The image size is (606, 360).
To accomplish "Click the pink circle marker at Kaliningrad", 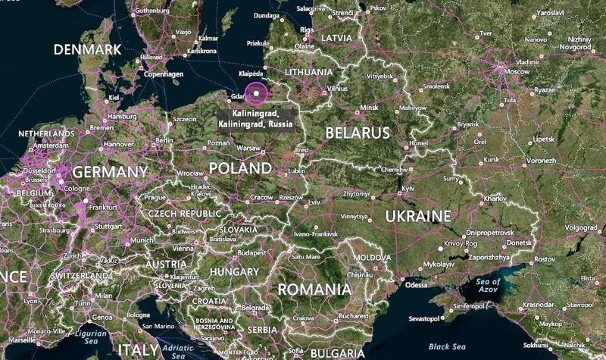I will [x=258, y=94].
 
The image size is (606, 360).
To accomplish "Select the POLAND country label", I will [x=239, y=167].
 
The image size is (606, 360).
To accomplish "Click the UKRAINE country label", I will [x=418, y=217].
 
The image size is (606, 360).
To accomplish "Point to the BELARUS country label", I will [x=358, y=133].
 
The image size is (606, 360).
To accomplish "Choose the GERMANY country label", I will [x=111, y=172].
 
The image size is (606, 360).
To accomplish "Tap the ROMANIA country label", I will [x=314, y=289].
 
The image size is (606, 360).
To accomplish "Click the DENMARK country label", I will [x=87, y=49].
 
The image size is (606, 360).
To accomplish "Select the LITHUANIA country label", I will [x=308, y=72].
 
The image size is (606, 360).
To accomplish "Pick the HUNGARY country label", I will [x=234, y=271].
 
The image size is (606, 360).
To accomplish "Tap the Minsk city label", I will [x=369, y=108].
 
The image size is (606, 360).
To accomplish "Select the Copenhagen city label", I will [x=165, y=74].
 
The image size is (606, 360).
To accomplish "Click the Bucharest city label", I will [x=354, y=315].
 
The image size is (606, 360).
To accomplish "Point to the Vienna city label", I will [x=183, y=248].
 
